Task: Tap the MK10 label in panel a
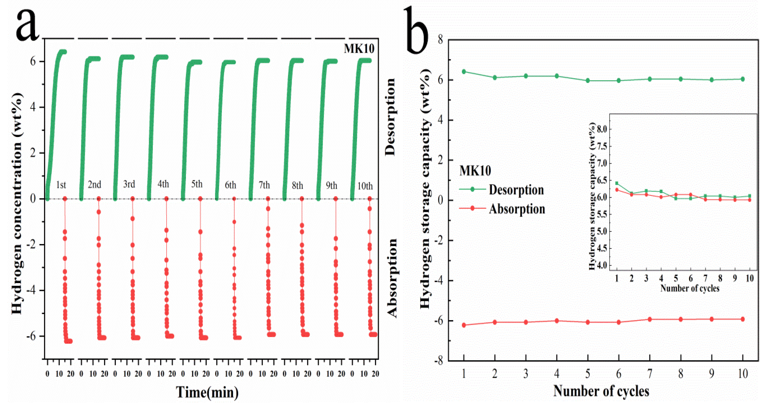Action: [x=359, y=49]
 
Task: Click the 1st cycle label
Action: [x=61, y=185]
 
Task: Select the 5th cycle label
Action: [x=197, y=184]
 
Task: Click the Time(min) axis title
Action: [x=207, y=392]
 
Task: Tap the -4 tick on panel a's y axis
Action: [x=31, y=290]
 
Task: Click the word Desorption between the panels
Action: [x=390, y=117]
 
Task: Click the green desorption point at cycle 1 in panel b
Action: [x=464, y=72]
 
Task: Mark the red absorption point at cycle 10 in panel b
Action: [x=743, y=319]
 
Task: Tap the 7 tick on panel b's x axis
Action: [x=649, y=373]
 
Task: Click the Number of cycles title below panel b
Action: [x=601, y=391]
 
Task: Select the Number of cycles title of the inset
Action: [x=690, y=288]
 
